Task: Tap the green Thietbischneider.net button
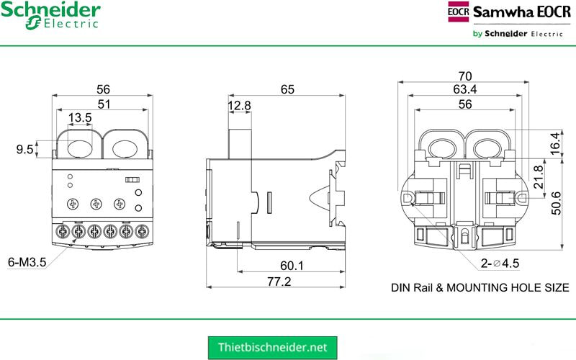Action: tap(277, 346)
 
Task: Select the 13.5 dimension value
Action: tap(79, 118)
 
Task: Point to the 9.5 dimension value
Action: tap(24, 150)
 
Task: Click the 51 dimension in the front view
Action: tap(104, 104)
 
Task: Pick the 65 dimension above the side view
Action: tap(287, 89)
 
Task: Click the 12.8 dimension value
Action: tap(239, 106)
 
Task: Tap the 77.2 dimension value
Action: tap(278, 282)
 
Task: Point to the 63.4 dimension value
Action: tap(464, 89)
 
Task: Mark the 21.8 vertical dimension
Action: tap(538, 176)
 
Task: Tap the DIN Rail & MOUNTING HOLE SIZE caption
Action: tap(480, 287)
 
